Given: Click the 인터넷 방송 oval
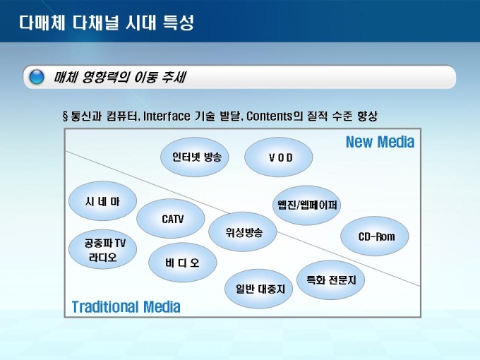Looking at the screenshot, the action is [x=195, y=157].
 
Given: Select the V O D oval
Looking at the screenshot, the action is [x=279, y=157].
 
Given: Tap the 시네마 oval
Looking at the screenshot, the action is [x=103, y=201].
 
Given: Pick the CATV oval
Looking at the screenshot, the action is [x=171, y=219].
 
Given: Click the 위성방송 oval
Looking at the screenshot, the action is [x=243, y=232].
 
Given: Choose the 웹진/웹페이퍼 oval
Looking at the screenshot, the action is [x=307, y=205].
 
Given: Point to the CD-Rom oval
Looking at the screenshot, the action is [x=375, y=236].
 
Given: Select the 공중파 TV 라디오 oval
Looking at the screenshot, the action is [x=103, y=249].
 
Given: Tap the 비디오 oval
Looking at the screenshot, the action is [x=183, y=263].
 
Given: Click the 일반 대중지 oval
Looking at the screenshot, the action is [x=258, y=289].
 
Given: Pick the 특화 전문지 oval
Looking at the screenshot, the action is [x=330, y=280].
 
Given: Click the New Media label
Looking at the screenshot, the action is [x=380, y=142].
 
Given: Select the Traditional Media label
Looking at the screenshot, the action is [x=126, y=307].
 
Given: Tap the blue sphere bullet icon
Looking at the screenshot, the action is [x=37, y=77].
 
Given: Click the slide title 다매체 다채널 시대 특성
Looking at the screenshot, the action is [x=107, y=23].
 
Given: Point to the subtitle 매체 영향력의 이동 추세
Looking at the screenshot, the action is [x=120, y=77].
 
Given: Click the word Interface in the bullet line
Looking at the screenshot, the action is [x=167, y=116].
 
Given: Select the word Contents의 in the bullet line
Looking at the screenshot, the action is [x=275, y=116].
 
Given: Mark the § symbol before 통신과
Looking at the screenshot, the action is [x=65, y=116].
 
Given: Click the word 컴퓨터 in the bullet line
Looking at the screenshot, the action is [x=122, y=116].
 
